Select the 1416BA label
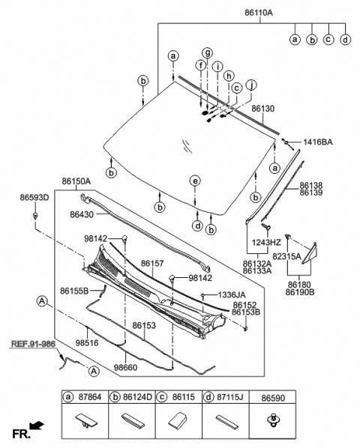(x=317, y=142)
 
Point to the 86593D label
(x=34, y=197)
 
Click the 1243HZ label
(x=266, y=242)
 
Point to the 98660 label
(x=127, y=367)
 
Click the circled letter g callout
(x=208, y=51)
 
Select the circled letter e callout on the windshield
(x=195, y=181)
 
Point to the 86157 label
(x=152, y=263)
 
